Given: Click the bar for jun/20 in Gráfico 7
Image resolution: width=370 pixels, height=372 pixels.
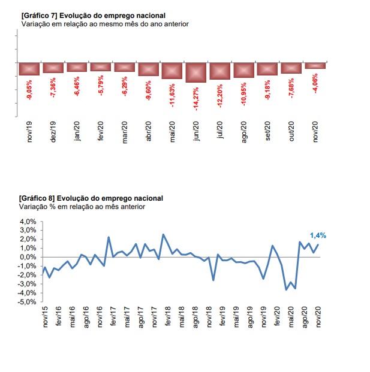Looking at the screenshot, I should (195, 72).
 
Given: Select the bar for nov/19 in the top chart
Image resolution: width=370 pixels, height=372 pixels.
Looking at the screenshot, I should (29, 68).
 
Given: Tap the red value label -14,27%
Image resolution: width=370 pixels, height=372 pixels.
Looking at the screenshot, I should (195, 97).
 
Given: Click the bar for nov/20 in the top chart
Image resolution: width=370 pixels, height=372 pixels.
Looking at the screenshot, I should (315, 65).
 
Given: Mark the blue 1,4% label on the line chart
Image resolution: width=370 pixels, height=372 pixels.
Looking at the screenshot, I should (318, 235).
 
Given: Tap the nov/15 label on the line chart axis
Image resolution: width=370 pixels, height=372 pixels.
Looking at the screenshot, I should (46, 317).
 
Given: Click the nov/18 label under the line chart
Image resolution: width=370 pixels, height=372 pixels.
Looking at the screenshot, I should (208, 317).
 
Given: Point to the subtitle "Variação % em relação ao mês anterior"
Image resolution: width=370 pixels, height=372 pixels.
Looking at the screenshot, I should (83, 207).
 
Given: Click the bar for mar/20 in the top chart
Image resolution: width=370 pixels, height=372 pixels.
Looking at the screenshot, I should (125, 67).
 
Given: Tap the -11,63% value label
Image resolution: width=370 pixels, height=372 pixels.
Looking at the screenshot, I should (172, 93).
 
